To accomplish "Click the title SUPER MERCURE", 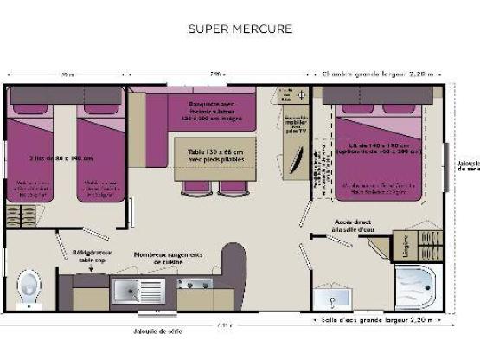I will click(240, 29).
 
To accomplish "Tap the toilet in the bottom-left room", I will click(29, 285).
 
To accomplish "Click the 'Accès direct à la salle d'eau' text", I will click(353, 224).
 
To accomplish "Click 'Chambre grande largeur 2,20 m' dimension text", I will click(379, 74).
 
